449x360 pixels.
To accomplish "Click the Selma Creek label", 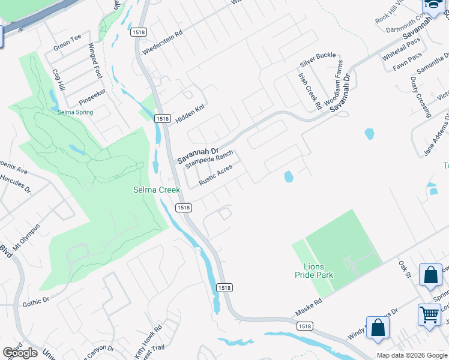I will coord(156,190).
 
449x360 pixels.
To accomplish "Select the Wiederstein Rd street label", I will coord(162,43).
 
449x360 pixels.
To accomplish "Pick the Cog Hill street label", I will coord(58,79).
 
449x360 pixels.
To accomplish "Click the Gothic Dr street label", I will coord(37,301).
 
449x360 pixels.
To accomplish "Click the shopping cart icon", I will coord(429,314).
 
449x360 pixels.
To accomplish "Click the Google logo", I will coord(20,353).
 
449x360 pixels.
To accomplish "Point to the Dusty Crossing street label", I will coord(421,96).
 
